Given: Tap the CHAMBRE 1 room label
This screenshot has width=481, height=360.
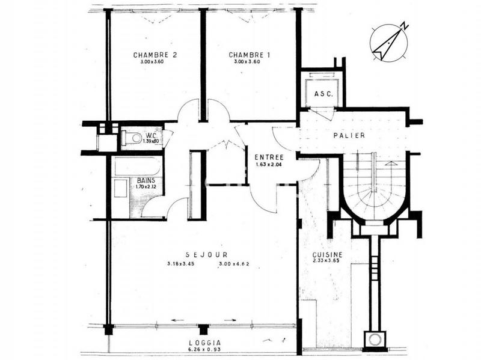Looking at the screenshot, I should [250, 55].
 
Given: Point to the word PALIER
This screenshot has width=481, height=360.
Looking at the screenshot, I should [349, 135].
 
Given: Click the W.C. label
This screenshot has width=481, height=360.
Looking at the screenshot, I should [150, 135].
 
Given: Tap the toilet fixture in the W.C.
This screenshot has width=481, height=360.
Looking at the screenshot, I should [135, 139].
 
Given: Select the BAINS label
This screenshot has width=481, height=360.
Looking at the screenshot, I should [146, 180].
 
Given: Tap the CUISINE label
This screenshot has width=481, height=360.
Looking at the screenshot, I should [327, 254].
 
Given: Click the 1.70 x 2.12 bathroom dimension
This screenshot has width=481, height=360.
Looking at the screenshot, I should [146, 186].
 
